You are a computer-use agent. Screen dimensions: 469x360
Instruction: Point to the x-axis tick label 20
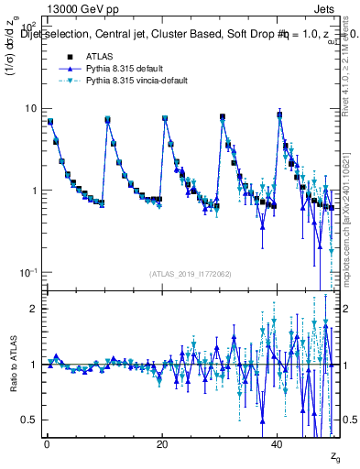pos(162,442)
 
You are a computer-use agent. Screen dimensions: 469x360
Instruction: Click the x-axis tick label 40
pos(278,442)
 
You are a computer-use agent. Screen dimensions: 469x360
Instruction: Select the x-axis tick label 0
pos(46,442)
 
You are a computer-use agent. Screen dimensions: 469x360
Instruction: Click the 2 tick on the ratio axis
pos(32,309)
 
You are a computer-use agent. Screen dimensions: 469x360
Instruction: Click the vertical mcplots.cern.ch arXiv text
pos(351,220)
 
